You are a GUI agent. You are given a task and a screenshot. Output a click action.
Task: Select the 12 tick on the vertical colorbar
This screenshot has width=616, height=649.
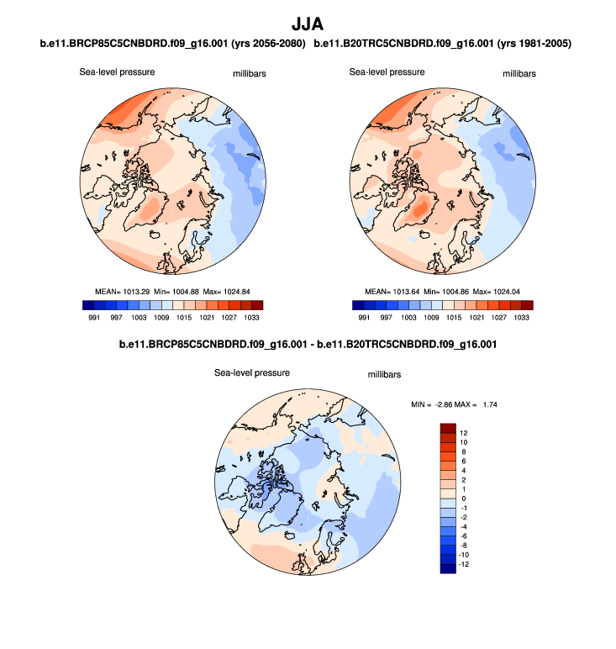click(465, 433)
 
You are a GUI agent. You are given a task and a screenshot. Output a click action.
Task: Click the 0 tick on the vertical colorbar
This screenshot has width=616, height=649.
click(463, 499)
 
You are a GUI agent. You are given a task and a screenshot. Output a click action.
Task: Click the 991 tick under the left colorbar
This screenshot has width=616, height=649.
click(95, 319)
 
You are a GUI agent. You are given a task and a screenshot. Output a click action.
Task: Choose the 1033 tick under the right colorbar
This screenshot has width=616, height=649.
click(522, 319)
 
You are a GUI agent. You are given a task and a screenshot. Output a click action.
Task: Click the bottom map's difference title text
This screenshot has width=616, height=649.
click(307, 346)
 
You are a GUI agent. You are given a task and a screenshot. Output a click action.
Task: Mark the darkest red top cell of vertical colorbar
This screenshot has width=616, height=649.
click(447, 428)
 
